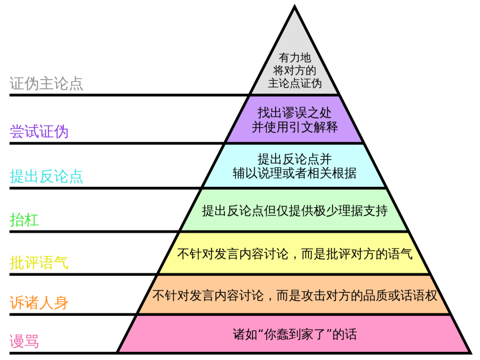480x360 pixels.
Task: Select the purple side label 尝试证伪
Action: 39,132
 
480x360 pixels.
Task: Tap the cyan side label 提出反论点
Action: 46,176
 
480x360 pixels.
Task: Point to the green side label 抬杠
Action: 24,220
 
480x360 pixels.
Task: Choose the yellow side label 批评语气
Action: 39,263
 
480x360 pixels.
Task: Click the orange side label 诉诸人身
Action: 39,303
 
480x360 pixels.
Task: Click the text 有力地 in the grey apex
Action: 295,58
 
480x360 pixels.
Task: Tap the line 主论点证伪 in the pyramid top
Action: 295,83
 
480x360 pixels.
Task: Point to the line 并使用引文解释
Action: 295,127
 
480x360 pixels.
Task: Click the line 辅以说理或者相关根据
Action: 295,173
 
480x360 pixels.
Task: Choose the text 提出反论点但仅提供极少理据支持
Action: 295,211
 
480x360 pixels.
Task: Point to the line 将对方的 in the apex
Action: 295,70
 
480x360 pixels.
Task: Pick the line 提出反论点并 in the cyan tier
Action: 295,159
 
